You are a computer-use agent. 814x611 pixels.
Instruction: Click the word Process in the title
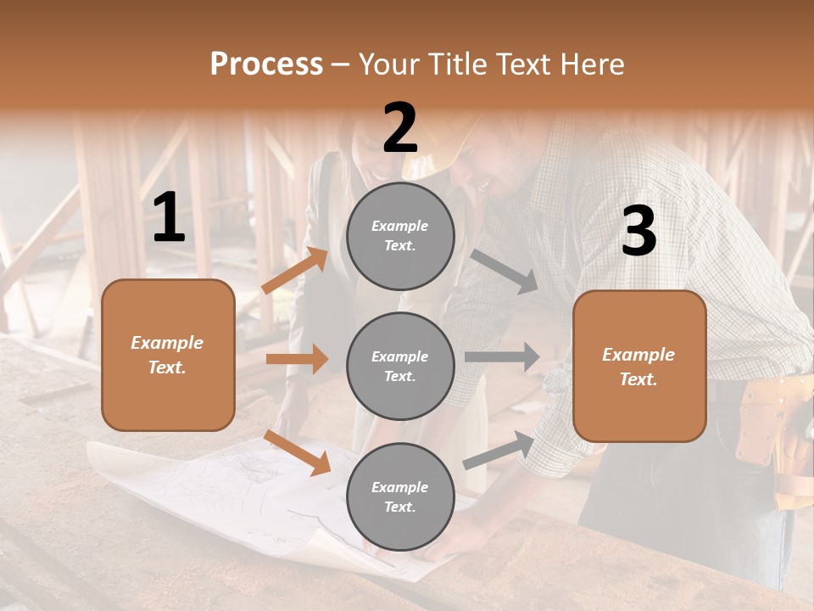tap(266, 64)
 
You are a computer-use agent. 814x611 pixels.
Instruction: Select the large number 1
tap(169, 218)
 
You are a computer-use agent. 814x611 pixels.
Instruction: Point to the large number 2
tap(400, 129)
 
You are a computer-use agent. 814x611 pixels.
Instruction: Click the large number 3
tap(638, 232)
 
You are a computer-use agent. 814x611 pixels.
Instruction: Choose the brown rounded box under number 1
tap(168, 355)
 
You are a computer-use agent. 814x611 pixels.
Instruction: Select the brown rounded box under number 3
tap(639, 367)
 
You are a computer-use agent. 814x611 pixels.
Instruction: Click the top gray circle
tap(400, 236)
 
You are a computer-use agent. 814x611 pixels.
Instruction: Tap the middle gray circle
tap(400, 367)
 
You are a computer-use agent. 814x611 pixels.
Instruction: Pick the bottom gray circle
tap(400, 497)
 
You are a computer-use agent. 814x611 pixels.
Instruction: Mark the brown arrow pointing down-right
tap(298, 452)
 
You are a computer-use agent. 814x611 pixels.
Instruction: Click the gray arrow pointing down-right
tap(504, 271)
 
